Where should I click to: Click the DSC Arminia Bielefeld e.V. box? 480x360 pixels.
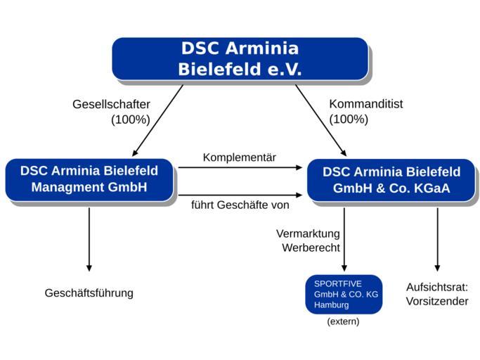pos(240,59)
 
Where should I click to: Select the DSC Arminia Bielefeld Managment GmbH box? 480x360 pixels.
pos(89,179)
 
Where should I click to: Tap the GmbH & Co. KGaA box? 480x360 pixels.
pos(391,180)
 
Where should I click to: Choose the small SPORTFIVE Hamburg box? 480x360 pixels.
pos(344,294)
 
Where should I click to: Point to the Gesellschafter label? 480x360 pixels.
pos(111,104)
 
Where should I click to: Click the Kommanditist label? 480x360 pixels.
pos(366,104)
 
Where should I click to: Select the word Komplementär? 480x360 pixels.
pos(240,157)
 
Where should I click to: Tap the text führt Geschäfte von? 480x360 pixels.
pos(240,206)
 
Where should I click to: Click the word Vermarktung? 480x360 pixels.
pos(308,233)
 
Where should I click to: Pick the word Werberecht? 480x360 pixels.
pos(311,247)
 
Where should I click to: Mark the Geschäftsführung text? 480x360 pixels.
pos(89,292)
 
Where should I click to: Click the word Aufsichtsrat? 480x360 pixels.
pos(437,286)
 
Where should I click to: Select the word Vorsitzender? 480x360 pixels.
pos(437,301)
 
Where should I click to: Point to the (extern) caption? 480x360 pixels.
pos(344,321)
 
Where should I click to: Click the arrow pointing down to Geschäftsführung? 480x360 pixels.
pos(89,239)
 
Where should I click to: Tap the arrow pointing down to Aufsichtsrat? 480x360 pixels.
pos(437,239)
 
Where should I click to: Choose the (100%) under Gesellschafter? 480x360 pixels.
pos(131,120)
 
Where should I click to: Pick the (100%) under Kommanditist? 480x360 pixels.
pos(349,120)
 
